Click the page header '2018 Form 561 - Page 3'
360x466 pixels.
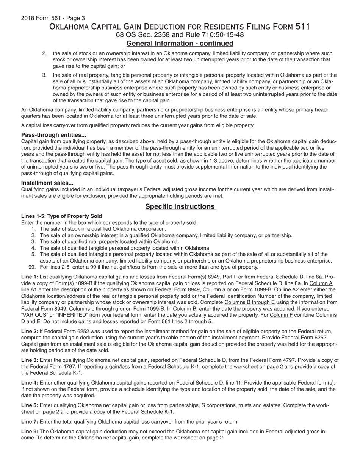(x=53, y=18)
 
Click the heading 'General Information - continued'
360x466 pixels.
(x=180, y=43)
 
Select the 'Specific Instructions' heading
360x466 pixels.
(x=180, y=206)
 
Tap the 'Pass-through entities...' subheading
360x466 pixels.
(x=53, y=135)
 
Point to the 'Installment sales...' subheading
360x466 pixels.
(x=47, y=183)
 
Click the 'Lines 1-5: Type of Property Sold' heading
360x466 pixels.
(x=61, y=216)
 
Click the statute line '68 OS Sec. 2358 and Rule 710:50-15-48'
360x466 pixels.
(x=180, y=35)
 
